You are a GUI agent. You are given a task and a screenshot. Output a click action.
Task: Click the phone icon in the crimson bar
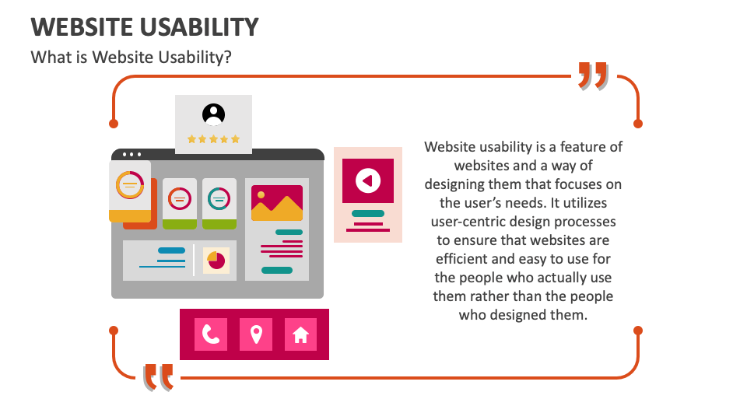pyautogui.click(x=211, y=334)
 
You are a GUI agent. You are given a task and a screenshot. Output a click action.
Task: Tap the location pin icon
pyautogui.click(x=256, y=334)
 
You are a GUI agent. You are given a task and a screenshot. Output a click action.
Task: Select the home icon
pyautogui.click(x=300, y=334)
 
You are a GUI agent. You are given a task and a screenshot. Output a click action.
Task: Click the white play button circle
pyautogui.click(x=368, y=180)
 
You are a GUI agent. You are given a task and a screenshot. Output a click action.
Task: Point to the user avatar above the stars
pyautogui.click(x=213, y=114)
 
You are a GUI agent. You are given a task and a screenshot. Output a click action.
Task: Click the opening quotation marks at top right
pyautogui.click(x=592, y=77)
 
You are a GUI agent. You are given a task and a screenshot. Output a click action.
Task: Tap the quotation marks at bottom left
pyautogui.click(x=159, y=377)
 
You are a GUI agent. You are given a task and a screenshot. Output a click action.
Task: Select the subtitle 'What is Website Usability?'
pyautogui.click(x=131, y=58)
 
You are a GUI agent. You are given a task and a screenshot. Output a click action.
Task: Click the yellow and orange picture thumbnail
pyautogui.click(x=276, y=203)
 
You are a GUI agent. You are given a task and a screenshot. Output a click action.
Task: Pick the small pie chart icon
pyautogui.click(x=216, y=261)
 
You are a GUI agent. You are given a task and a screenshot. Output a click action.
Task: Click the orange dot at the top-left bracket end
pyautogui.click(x=114, y=124)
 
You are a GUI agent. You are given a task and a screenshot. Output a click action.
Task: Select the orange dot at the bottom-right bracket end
pyautogui.click(x=638, y=331)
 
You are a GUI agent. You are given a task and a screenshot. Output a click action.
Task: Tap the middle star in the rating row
pyautogui.click(x=213, y=139)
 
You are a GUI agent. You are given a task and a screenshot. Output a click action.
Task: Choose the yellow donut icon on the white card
pyautogui.click(x=129, y=185)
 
